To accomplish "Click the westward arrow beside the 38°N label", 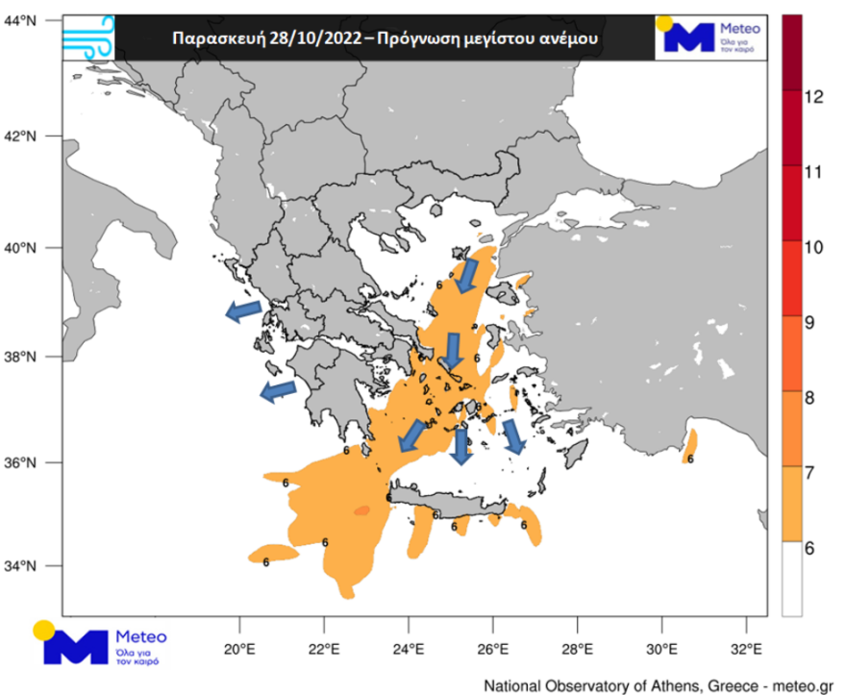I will pos(244,310).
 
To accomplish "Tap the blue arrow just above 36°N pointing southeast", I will pos(513,435).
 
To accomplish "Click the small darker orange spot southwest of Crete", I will pos(361,510).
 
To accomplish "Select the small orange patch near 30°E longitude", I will pos(690,448).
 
